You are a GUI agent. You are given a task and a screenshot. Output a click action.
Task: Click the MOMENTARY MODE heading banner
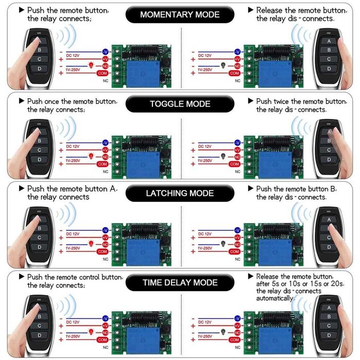click(x=180, y=14)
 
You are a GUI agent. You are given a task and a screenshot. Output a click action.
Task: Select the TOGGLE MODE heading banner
click(x=180, y=104)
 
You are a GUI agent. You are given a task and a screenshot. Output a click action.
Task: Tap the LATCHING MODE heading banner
click(x=180, y=193)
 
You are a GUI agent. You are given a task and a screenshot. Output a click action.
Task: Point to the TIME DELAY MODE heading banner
click(x=180, y=282)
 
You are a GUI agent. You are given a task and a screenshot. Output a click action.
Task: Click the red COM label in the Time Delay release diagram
click(x=235, y=342)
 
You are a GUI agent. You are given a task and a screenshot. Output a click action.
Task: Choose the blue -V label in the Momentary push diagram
click(x=105, y=52)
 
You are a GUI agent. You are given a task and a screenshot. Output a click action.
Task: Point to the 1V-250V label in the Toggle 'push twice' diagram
click(x=205, y=161)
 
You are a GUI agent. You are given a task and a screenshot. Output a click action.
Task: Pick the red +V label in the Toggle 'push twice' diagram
click(x=237, y=149)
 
